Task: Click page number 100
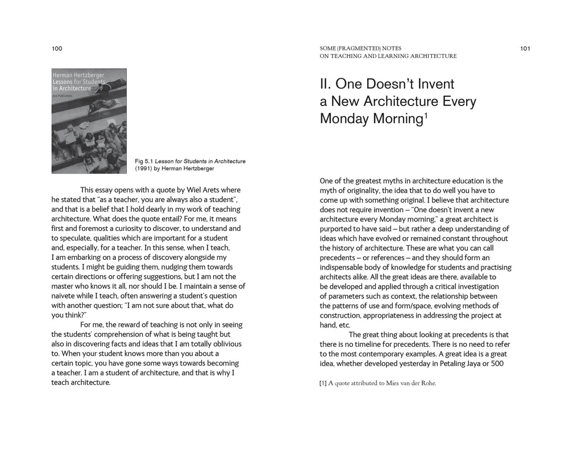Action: [56, 49]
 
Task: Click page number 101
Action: [525, 49]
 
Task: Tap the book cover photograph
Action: [89, 121]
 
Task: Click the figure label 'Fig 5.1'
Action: [144, 161]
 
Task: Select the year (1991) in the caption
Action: [144, 169]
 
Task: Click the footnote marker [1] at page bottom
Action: [323, 383]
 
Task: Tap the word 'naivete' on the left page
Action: [64, 296]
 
